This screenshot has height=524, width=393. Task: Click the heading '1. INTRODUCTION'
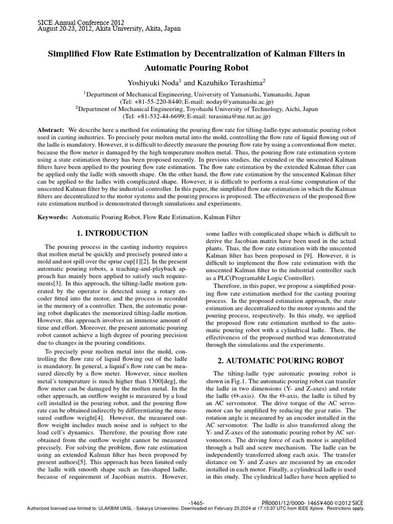(112, 233)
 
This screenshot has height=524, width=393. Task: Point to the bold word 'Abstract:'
(51, 131)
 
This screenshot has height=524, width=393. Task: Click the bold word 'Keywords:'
(53, 217)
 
